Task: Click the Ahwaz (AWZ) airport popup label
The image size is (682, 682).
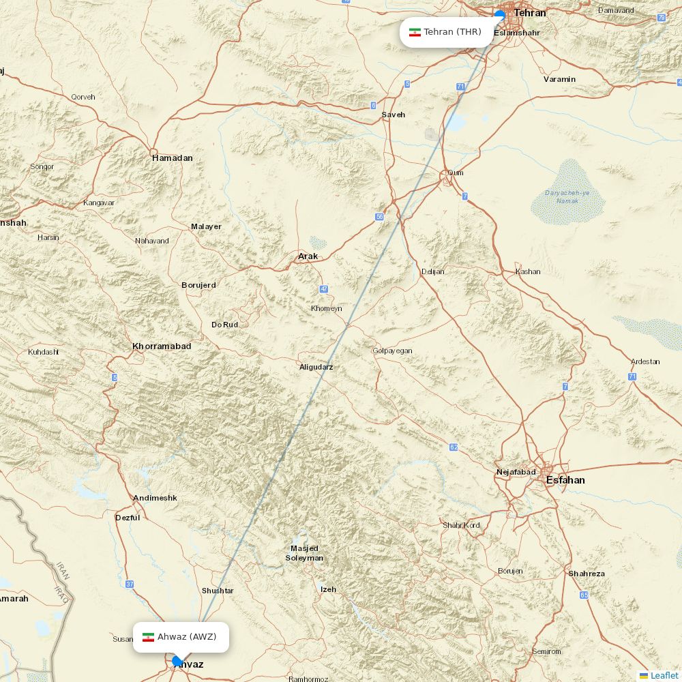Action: (x=181, y=637)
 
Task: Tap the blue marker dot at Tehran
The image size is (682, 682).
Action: (x=500, y=15)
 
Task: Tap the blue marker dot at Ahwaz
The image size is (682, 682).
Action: (x=177, y=661)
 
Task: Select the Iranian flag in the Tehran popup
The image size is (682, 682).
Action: (x=415, y=32)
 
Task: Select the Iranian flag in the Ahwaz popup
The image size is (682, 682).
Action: (x=148, y=637)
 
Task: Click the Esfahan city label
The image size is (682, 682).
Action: (x=565, y=480)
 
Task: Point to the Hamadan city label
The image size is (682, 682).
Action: (x=173, y=158)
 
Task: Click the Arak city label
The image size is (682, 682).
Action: (x=308, y=256)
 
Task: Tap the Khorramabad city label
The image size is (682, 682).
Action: (x=162, y=346)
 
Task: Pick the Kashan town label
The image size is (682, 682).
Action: (x=528, y=271)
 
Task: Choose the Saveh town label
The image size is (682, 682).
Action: (x=393, y=115)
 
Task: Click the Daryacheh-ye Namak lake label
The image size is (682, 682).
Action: (x=567, y=196)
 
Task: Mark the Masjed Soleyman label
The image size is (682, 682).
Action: (x=304, y=553)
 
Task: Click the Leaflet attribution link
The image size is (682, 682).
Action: (x=664, y=675)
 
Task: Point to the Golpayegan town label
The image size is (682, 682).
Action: (x=392, y=351)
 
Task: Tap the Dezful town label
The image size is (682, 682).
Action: (x=128, y=518)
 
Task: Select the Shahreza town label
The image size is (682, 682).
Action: (x=586, y=574)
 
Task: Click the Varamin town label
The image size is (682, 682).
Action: (x=559, y=79)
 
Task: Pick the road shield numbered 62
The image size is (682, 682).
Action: (x=454, y=447)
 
